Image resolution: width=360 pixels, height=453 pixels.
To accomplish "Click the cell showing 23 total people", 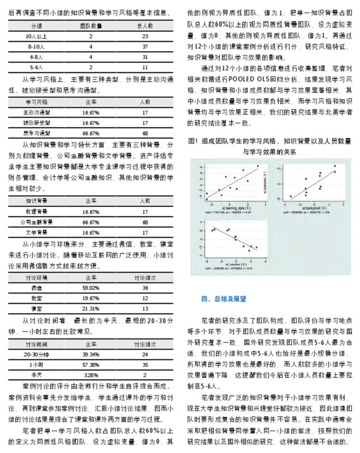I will tap(145, 36).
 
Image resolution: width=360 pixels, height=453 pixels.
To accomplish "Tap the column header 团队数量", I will tap(91, 26).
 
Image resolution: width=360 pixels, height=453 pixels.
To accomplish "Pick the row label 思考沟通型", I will tap(37, 133).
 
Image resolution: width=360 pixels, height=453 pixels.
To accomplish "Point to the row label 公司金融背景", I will tap(37, 222).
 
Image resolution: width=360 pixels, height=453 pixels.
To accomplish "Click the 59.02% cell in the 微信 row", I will tap(91, 288).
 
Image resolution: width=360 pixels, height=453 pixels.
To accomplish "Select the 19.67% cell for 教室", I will tap(91, 298).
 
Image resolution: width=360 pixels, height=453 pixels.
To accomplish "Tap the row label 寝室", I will tap(37, 308).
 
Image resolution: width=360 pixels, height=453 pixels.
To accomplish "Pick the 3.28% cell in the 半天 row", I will tap(91, 375).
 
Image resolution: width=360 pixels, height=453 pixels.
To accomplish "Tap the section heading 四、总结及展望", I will tap(224, 299).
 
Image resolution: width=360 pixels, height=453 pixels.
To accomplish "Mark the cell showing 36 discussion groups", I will tap(145, 288).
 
